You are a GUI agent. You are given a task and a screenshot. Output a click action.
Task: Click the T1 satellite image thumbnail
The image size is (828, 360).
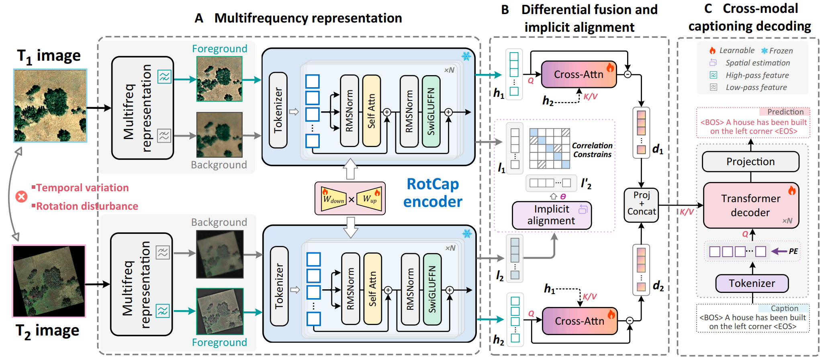point(50,105)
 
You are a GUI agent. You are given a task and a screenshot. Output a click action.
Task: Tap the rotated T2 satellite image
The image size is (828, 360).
point(49,281)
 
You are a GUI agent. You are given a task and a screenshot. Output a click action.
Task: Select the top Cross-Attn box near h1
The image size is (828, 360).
point(579,74)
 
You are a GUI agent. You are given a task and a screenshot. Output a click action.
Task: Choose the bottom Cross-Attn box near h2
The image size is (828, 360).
point(579,321)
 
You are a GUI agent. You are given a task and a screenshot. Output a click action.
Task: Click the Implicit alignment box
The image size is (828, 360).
point(551,215)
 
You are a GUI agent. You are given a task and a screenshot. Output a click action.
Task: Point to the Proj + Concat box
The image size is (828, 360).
point(641,204)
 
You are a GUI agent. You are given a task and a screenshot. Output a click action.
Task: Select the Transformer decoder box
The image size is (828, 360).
point(750,205)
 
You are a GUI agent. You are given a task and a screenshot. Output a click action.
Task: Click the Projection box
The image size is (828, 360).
point(750,162)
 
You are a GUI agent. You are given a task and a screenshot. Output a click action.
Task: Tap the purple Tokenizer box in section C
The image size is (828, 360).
point(752,283)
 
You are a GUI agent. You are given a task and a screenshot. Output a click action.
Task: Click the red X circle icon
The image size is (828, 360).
point(21,196)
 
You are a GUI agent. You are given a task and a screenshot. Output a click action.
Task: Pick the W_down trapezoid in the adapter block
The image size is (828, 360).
point(334,198)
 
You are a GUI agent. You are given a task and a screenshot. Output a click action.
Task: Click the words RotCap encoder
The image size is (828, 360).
point(433,193)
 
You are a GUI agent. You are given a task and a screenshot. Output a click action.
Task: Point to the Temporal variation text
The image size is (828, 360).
point(82,188)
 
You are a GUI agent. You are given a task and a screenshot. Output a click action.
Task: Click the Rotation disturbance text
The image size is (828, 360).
point(87,206)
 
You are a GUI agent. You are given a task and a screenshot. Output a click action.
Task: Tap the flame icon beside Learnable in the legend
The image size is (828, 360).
point(712,51)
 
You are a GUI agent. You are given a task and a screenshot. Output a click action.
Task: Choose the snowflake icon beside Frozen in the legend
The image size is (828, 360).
point(764,51)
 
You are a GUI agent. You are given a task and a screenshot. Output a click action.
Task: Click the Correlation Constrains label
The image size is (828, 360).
point(592,150)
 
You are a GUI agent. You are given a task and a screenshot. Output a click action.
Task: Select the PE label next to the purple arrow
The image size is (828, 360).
point(793,252)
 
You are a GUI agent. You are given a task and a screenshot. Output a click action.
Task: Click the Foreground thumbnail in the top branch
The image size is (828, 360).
point(219,79)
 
